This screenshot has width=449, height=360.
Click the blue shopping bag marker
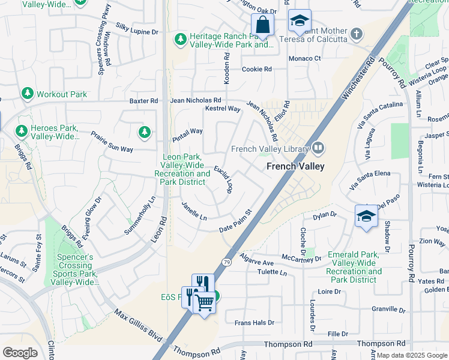pos(262,25)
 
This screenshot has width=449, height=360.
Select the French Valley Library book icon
pos(318,148)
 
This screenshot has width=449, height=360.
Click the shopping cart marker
pos(205,302)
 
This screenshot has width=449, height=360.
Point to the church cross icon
pos(357,34)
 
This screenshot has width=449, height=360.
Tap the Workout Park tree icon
pos(27,94)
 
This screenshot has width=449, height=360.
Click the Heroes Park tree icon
pos(21,131)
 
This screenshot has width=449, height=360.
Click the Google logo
pos(20,352)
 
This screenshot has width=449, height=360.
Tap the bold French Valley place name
pos(295,166)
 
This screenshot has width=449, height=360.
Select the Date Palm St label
pos(235,221)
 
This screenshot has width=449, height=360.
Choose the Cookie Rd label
pos(256,70)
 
